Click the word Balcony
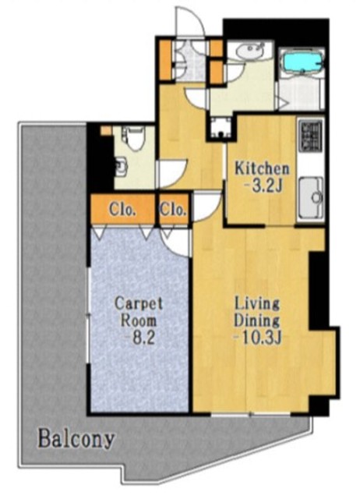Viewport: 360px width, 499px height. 76,440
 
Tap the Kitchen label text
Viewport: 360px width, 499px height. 262,168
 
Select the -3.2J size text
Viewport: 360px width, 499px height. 263,186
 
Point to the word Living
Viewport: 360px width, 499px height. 257,304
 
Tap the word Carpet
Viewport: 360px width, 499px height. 139,303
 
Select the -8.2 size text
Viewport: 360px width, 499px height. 139,338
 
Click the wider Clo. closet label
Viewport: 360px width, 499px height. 123,210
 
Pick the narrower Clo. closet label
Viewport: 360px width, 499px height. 173,210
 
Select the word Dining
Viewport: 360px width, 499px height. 257,320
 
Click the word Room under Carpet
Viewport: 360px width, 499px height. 139,320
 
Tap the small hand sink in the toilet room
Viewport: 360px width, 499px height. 120,165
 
